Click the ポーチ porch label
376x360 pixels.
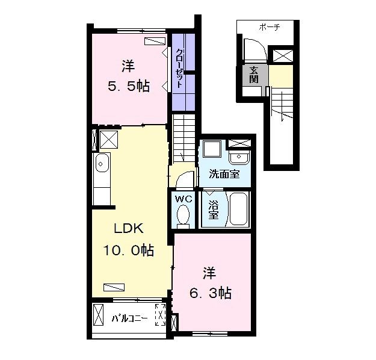click(270, 27)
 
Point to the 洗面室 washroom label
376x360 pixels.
click(224, 175)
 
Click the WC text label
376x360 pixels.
click(183, 199)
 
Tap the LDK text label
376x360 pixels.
click(128, 228)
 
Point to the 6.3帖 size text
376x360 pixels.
click(211, 293)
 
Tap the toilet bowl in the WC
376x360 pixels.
click(183, 215)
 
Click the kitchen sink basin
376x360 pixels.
click(101, 162)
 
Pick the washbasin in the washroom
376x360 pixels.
click(240, 157)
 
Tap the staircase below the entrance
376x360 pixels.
click(280, 108)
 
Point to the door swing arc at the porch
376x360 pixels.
click(253, 48)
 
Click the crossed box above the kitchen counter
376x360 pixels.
click(109, 139)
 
